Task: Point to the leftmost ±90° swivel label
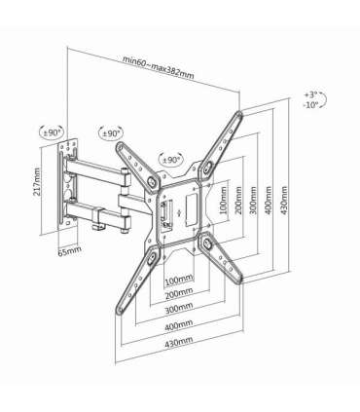pos(52,132)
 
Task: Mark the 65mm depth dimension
pos(69,252)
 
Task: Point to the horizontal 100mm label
pos(177,279)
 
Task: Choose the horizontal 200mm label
pos(177,292)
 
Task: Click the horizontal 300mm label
pos(178,308)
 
